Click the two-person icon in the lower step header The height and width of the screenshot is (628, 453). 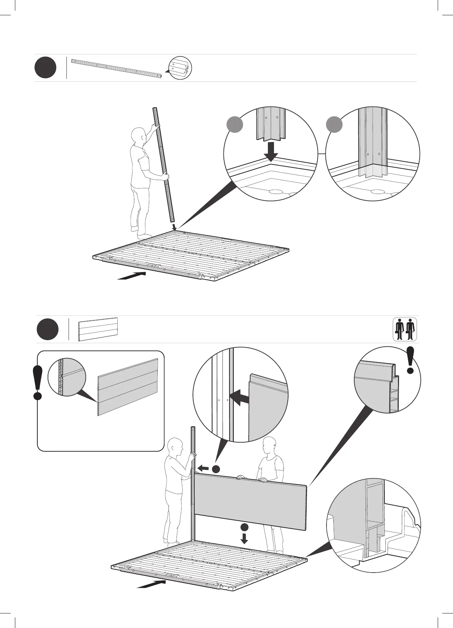405,329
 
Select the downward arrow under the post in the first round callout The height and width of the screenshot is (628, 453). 272,151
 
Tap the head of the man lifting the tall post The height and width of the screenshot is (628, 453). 137,136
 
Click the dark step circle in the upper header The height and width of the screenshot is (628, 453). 45,68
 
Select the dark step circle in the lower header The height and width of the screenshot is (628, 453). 48,329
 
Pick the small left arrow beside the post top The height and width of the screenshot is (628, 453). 203,468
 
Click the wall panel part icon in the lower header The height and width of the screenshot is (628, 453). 98,329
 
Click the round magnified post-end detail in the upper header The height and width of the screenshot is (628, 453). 180,68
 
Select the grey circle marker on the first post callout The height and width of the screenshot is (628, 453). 235,125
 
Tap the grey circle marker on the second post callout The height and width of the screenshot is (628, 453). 334,125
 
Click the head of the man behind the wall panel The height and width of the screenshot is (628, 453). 269,445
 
